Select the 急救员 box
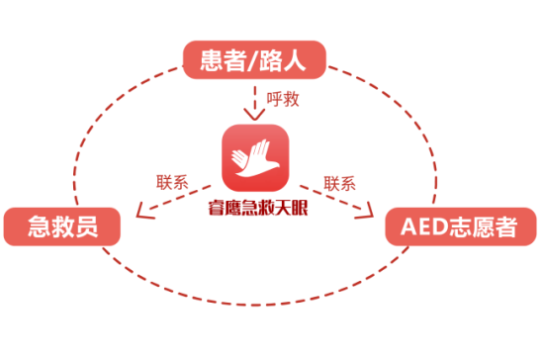click(x=62, y=227)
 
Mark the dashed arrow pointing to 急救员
click(x=173, y=198)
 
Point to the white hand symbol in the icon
click(x=256, y=154)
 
